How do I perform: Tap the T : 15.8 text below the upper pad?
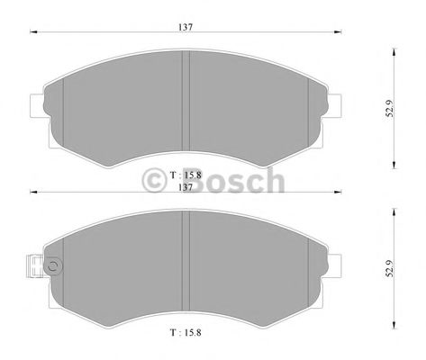pos(186,173)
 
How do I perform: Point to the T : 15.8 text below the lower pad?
pos(186,335)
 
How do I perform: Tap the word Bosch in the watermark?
pos(231,183)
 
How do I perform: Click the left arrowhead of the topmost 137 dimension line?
pos(34,35)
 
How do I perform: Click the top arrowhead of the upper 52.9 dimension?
pos(394,47)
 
